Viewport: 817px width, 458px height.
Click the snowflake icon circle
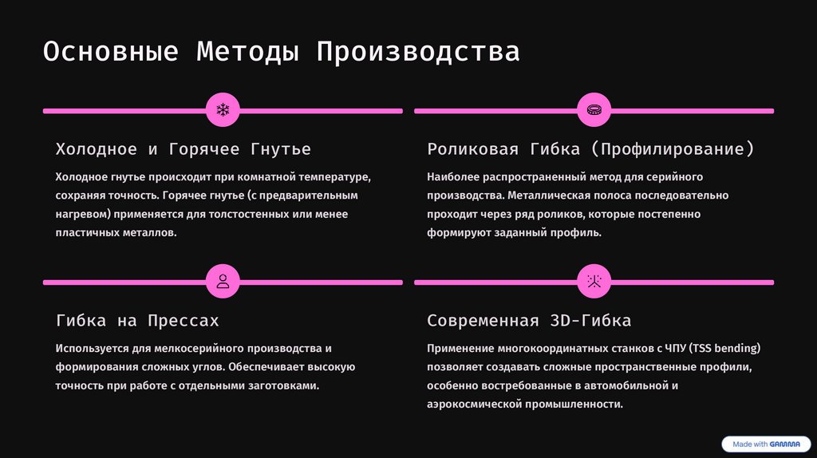tap(223, 109)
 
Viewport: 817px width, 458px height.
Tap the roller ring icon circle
tap(594, 109)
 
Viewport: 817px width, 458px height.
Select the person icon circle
tap(223, 281)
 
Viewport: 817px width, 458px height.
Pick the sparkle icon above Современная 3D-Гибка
tap(594, 281)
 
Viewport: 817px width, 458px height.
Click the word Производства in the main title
tap(417, 52)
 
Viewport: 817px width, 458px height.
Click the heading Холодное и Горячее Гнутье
tap(183, 149)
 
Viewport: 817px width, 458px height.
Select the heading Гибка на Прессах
tap(136, 321)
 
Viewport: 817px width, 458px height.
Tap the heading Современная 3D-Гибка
tap(529, 321)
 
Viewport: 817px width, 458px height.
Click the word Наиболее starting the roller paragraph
tap(451, 176)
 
